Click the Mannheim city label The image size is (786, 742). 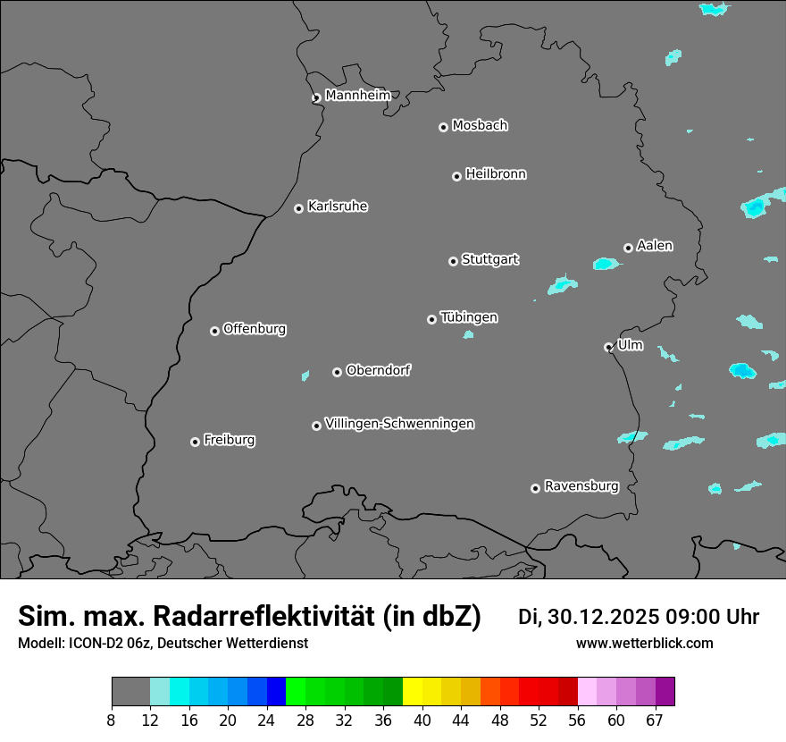(357, 96)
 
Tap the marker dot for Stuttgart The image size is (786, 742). (454, 261)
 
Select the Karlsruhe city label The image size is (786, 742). (338, 207)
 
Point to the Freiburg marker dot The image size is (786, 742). (195, 442)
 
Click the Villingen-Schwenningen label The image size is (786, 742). (399, 424)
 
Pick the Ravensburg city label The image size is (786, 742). (581, 486)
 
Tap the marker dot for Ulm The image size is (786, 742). (609, 347)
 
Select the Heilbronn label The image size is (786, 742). (496, 174)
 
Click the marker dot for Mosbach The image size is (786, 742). (443, 127)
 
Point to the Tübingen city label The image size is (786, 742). (469, 317)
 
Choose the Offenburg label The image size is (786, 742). (255, 329)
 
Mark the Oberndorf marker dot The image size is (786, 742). (338, 372)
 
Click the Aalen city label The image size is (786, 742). (655, 246)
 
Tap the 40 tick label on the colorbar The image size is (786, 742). (422, 721)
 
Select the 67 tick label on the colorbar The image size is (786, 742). (655, 721)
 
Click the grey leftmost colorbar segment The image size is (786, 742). (130, 692)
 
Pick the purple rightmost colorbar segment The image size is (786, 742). (665, 692)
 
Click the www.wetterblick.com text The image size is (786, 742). (645, 644)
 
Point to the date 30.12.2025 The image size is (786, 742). (602, 617)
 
